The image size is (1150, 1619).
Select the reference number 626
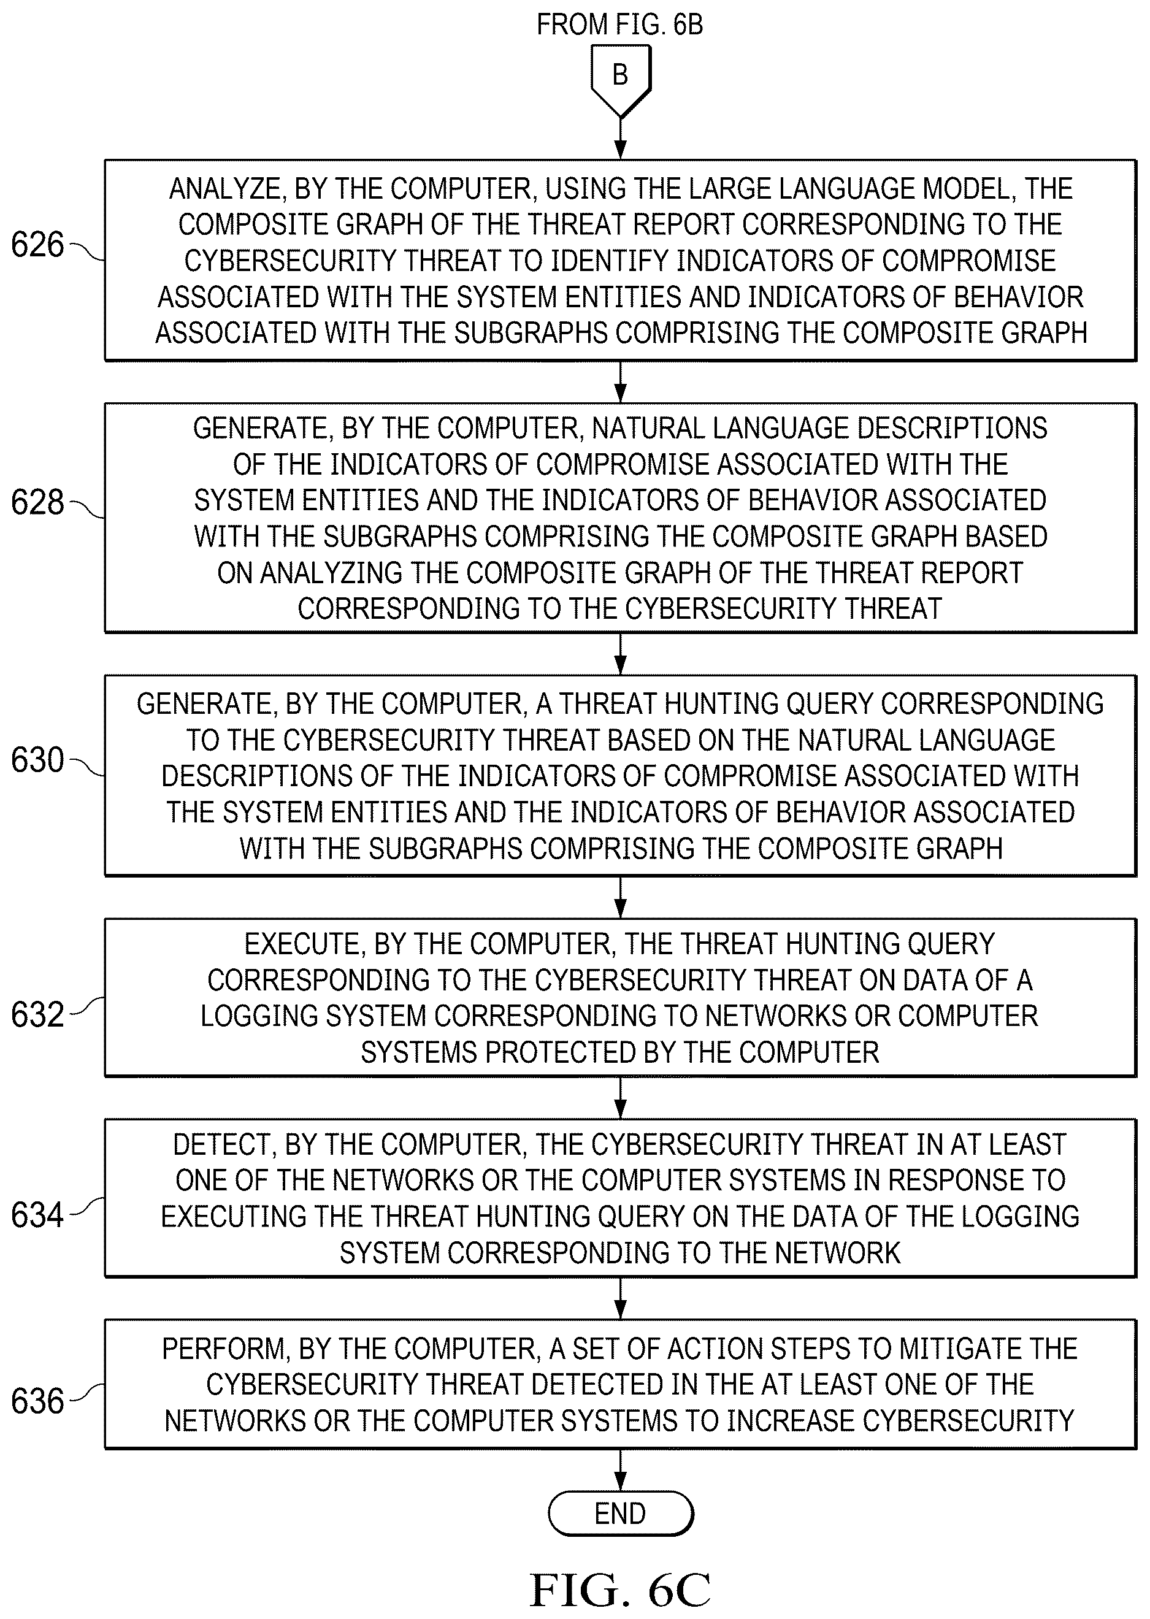coord(37,245)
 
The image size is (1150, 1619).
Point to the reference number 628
coord(37,503)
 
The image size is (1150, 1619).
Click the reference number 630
coord(37,760)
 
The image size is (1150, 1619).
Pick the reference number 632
coord(37,1015)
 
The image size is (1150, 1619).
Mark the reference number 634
coord(37,1215)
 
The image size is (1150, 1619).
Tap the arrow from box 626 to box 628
coord(620,382)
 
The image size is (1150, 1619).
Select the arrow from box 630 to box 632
coord(620,898)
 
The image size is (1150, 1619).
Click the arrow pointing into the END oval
coord(620,1469)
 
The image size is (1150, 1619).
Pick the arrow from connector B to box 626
coord(620,139)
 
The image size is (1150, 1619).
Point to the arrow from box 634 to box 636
coord(620,1298)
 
